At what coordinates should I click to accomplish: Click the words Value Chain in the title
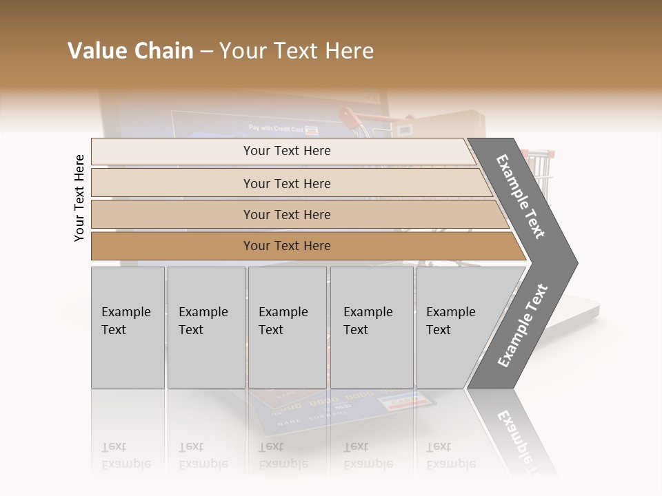coord(130,51)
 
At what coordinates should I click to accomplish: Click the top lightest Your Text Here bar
coord(286,151)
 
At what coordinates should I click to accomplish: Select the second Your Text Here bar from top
coord(286,183)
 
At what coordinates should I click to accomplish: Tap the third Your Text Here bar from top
coord(286,214)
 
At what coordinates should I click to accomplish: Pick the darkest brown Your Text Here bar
coord(286,246)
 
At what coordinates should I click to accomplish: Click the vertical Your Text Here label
coord(79,198)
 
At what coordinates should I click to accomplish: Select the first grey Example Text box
coord(128,327)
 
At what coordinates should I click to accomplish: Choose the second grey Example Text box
coord(206,327)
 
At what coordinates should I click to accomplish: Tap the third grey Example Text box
coord(287,327)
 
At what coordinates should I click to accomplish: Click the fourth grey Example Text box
coord(372,327)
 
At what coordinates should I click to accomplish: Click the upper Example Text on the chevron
coord(521,196)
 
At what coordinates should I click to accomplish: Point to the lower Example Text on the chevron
coord(523,326)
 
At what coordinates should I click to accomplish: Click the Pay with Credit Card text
coord(276,129)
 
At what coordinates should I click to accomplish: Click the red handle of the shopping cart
coord(352,117)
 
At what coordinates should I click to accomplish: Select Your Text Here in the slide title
coord(297,51)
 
